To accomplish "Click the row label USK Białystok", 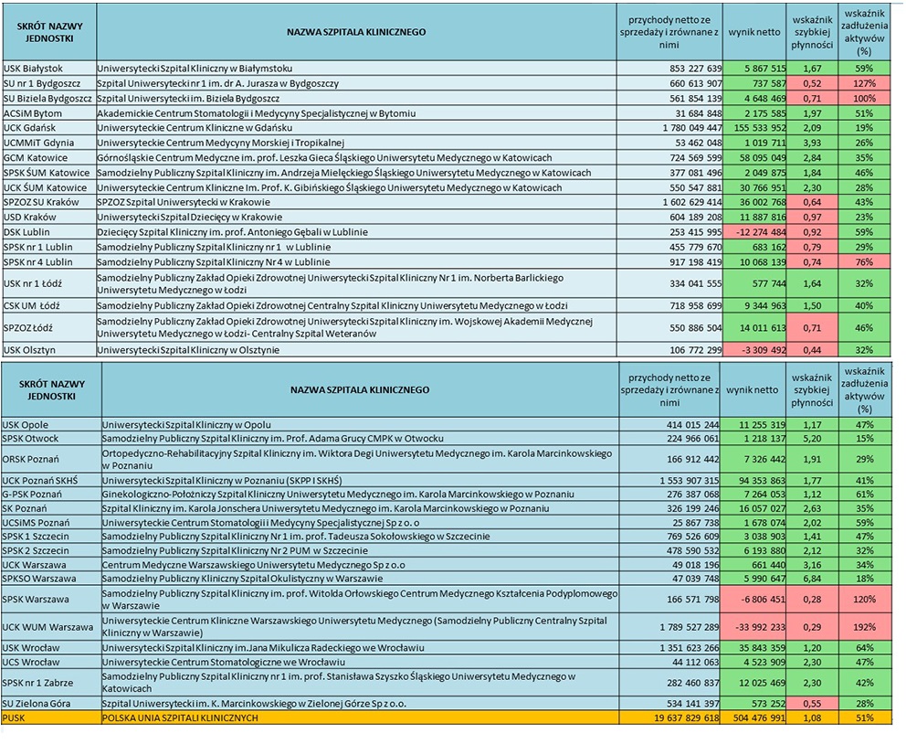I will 33,69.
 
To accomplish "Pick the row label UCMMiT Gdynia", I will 38,143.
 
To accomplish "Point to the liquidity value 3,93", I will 812,143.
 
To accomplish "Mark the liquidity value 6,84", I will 812,579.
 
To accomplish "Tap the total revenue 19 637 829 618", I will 678,718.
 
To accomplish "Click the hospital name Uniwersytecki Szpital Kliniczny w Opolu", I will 187,425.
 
